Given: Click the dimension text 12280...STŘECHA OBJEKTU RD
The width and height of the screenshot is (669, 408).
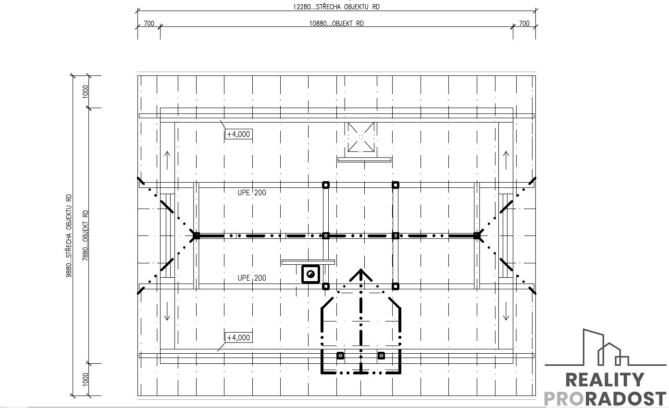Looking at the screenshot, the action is pyautogui.click(x=336, y=7).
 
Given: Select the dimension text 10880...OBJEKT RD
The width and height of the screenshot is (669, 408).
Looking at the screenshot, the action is pyautogui.click(x=336, y=23).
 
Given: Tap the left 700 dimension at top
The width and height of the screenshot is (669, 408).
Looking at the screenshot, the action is pyautogui.click(x=149, y=23).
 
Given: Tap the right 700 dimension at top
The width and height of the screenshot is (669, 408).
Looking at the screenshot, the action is pyautogui.click(x=524, y=23).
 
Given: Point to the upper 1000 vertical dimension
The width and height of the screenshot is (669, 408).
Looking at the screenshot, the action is pyautogui.click(x=86, y=92).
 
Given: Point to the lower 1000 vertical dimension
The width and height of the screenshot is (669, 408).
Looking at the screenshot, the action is pyautogui.click(x=86, y=379).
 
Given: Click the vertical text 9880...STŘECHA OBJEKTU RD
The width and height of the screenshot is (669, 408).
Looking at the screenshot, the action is pyautogui.click(x=69, y=235).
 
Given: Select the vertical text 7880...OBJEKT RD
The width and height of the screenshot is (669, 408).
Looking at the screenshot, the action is pyautogui.click(x=86, y=235).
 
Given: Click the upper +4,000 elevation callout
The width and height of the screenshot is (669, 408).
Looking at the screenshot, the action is pyautogui.click(x=239, y=134).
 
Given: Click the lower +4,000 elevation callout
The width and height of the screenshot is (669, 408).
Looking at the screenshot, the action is pyautogui.click(x=239, y=337).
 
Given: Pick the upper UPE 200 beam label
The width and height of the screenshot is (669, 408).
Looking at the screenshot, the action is pyautogui.click(x=252, y=193).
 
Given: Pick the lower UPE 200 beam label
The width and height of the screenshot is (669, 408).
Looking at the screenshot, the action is pyautogui.click(x=252, y=278).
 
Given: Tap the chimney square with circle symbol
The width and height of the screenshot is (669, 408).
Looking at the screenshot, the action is pyautogui.click(x=310, y=274).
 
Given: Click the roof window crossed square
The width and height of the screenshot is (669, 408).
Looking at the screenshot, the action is pyautogui.click(x=361, y=137).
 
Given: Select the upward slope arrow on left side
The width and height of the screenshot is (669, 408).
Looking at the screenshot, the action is pyautogui.click(x=167, y=160).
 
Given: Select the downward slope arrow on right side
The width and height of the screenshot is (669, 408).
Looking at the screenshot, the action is pyautogui.click(x=506, y=311).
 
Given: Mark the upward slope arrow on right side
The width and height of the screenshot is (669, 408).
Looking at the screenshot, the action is pyautogui.click(x=506, y=160).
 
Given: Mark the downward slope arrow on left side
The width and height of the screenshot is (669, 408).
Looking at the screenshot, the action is pyautogui.click(x=167, y=311).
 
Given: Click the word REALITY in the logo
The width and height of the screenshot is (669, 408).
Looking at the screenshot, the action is pyautogui.click(x=605, y=380).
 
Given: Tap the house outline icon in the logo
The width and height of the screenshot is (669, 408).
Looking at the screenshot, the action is pyautogui.click(x=606, y=348).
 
